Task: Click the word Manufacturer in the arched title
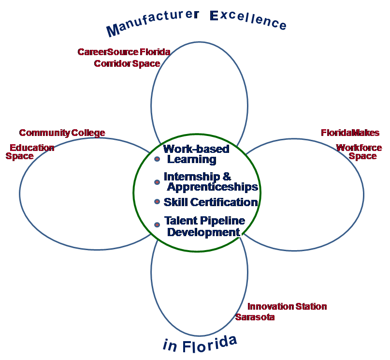pos(152,24)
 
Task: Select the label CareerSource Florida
pos(124,52)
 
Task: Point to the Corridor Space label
pos(127,63)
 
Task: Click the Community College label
pos(62,133)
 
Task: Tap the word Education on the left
pos(32,148)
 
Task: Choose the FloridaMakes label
pos(350,133)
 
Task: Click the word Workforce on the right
pos(359,148)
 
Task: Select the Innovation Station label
pos(287,306)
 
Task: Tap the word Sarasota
pos(255,317)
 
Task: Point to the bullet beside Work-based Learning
pos(157,159)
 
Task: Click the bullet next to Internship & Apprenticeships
pos(157,182)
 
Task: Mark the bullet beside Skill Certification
pos(157,201)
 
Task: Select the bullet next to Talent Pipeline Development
pos(157,225)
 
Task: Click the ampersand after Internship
pos(227,177)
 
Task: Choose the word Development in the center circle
pos(203,232)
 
